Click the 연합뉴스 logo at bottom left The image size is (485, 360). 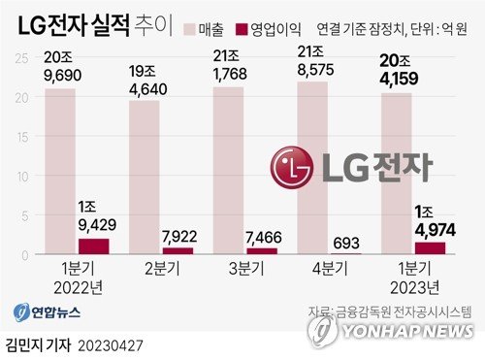[x=46, y=312]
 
